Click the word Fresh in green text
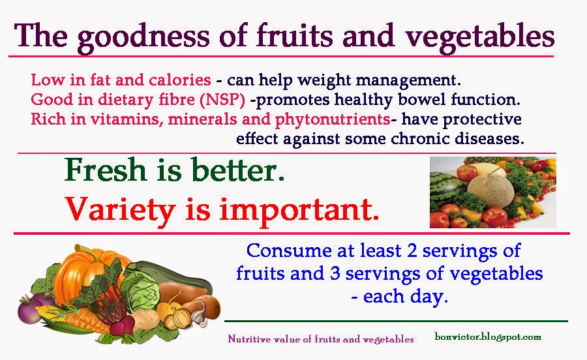click(105, 170)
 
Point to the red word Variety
click(120, 210)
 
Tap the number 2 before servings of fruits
click(412, 250)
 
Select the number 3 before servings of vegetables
click(335, 273)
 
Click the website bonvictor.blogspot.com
click(488, 337)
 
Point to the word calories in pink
click(180, 80)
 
